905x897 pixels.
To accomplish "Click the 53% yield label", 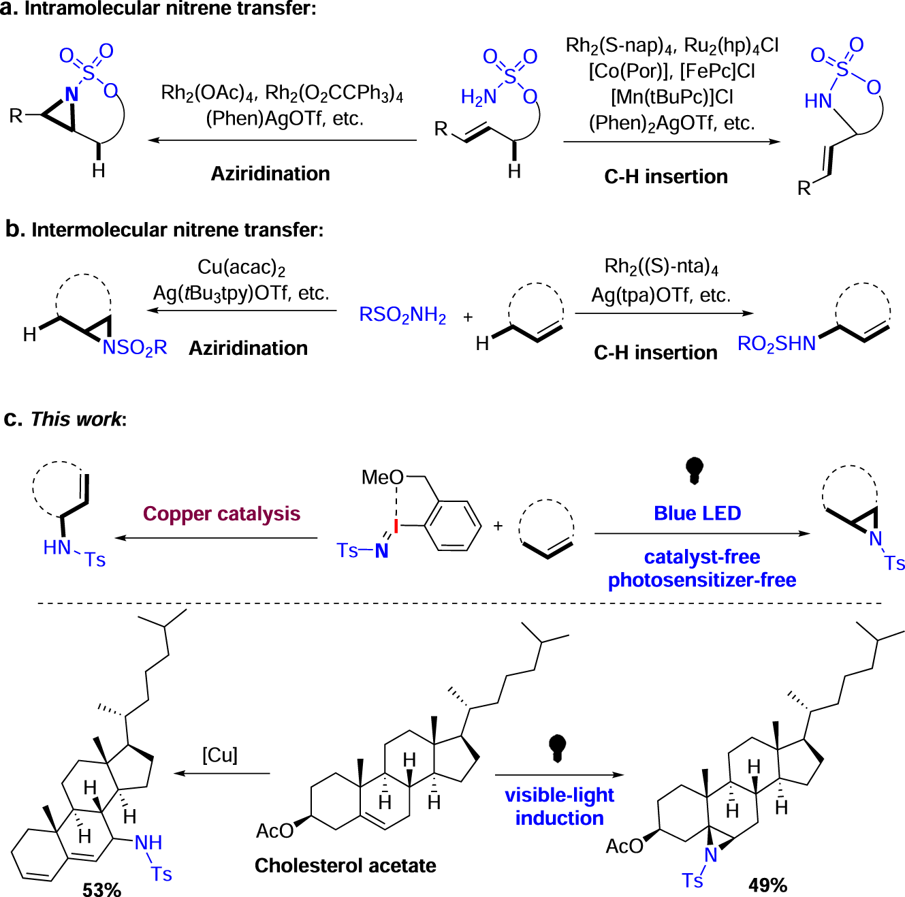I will (x=101, y=889).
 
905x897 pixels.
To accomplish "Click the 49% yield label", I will (x=767, y=885).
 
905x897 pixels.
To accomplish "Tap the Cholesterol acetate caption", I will (x=345, y=865).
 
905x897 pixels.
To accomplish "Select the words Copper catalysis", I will (x=221, y=514).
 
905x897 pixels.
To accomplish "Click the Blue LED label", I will (x=697, y=513).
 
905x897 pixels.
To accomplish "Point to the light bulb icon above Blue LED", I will (x=694, y=470).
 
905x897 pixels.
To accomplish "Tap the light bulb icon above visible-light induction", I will (x=557, y=747).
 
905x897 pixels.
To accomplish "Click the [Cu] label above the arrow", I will (x=219, y=755).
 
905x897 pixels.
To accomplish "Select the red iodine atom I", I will (x=396, y=526).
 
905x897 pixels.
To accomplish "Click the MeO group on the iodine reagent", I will (x=382, y=477).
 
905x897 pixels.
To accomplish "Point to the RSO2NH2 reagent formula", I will (x=402, y=315).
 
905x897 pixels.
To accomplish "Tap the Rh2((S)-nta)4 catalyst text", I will (x=661, y=266).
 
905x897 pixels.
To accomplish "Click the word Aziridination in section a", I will (x=270, y=174).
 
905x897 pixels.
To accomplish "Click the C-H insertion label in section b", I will (x=655, y=352).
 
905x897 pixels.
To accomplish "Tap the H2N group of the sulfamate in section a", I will (x=478, y=97).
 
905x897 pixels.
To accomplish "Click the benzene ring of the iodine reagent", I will (x=453, y=525).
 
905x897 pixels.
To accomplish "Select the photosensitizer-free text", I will (x=701, y=580).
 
